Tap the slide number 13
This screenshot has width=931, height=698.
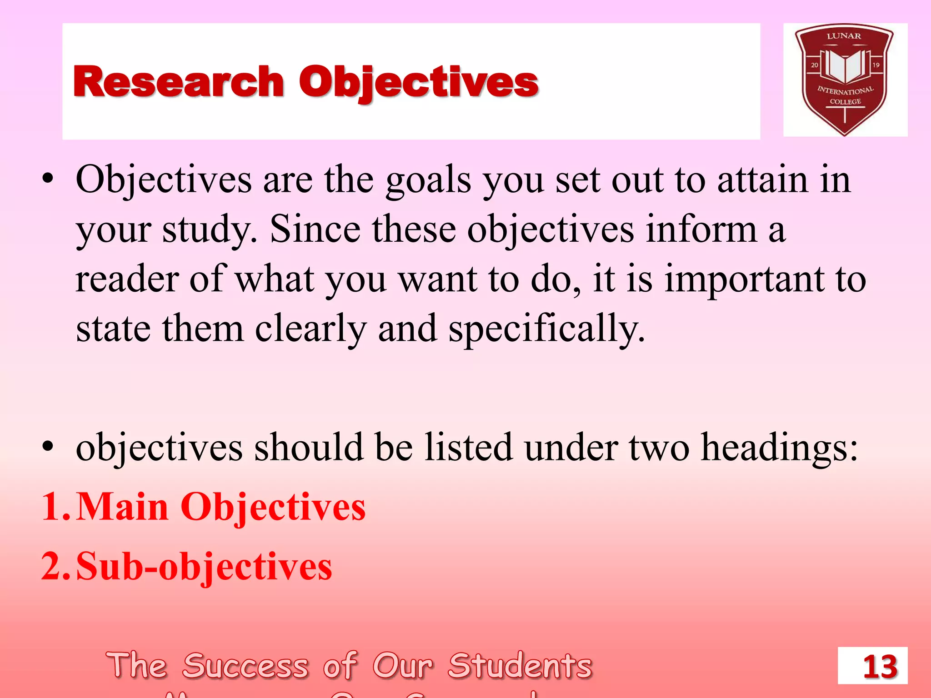[880, 667]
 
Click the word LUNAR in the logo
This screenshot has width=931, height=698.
[844, 36]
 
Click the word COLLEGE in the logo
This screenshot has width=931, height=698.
[845, 101]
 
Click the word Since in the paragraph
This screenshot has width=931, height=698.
[315, 229]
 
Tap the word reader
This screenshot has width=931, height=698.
[127, 279]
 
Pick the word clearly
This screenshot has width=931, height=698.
[310, 329]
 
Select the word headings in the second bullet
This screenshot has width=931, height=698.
[779, 448]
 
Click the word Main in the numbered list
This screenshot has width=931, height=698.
[122, 507]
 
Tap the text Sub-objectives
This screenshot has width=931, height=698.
[204, 566]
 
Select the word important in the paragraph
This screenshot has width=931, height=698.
[744, 279]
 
